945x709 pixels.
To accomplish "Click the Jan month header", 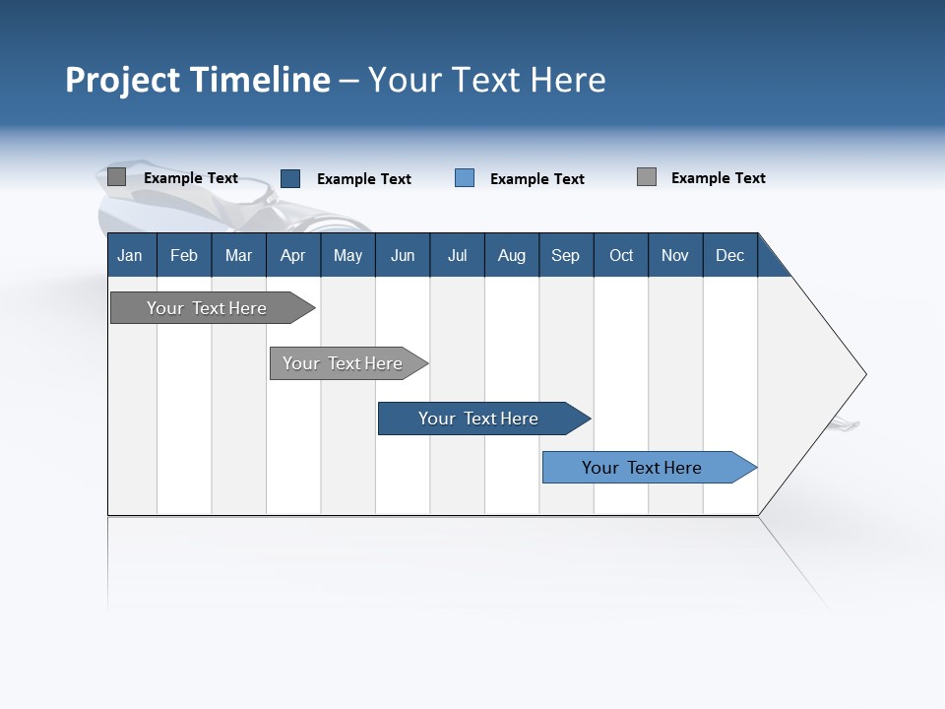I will click(x=130, y=255).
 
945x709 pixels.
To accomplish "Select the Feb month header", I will click(x=184, y=255).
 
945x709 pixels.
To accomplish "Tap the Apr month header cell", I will click(x=292, y=255).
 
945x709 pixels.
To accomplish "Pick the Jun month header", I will click(x=403, y=255).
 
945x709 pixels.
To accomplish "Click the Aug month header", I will click(x=511, y=255).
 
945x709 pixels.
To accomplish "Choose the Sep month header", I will click(x=565, y=255).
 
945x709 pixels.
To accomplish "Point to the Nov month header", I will click(x=674, y=255).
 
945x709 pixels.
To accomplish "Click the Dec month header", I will click(x=729, y=255).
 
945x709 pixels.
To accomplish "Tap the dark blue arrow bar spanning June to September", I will click(x=479, y=419).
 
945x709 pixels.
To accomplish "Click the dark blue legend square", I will click(x=290, y=178).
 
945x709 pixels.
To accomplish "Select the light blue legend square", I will click(x=465, y=178).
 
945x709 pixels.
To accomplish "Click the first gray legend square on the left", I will click(x=117, y=177).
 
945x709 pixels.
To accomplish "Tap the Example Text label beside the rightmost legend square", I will click(x=718, y=178).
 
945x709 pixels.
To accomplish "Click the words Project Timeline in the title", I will click(x=197, y=80).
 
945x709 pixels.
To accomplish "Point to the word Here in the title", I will click(x=568, y=80).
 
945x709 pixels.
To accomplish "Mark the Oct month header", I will click(x=621, y=255).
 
